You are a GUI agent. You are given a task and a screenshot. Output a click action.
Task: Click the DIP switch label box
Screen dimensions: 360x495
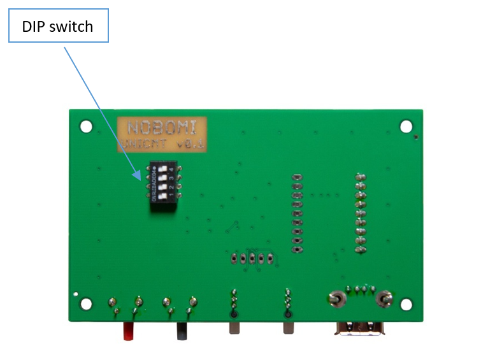click(58, 26)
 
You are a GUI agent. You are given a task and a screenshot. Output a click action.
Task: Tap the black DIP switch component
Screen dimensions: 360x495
click(163, 186)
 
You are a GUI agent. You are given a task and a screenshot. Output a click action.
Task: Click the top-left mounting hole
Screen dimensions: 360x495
click(85, 127)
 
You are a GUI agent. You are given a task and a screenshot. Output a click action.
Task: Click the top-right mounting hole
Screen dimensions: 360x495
click(406, 127)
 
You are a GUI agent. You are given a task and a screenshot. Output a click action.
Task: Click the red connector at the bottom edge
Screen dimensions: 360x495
click(129, 330)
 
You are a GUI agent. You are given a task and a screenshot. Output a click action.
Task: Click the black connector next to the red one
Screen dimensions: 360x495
click(182, 330)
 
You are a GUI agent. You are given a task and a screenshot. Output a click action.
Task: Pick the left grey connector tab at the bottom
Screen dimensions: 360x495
click(234, 328)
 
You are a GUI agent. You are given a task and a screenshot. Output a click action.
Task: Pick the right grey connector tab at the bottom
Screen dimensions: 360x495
click(289, 328)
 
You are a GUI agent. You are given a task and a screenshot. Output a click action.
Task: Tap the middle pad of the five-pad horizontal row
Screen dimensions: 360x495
click(252, 259)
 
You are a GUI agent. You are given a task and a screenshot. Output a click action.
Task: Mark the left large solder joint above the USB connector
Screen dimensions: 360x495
click(333, 298)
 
